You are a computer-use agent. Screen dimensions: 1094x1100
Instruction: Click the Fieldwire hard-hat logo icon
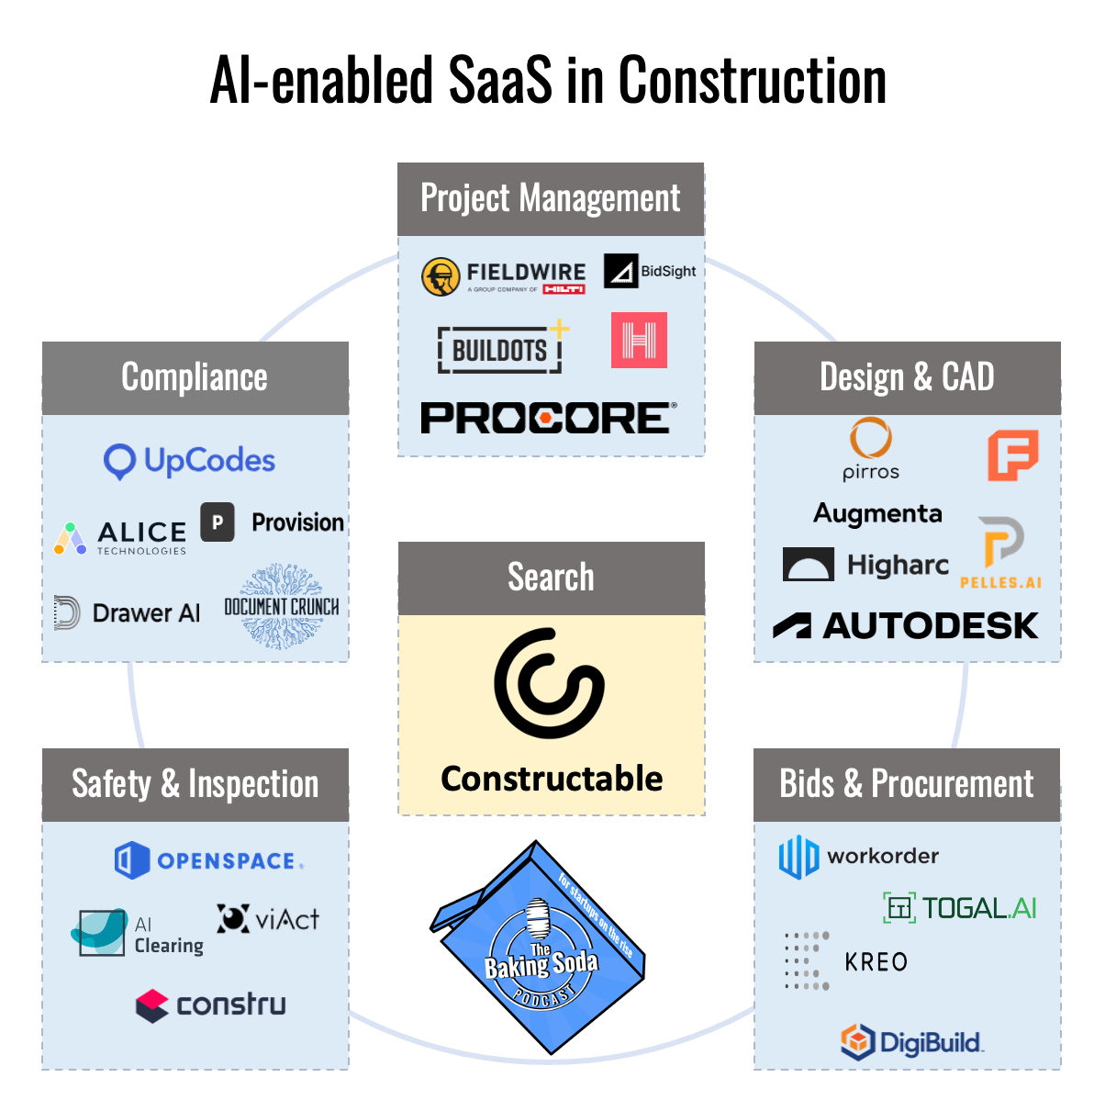tap(441, 276)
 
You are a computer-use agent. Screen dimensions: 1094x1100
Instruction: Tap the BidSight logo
tap(650, 271)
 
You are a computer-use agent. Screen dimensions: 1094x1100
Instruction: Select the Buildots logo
tap(501, 349)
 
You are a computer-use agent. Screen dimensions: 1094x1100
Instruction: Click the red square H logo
tap(639, 341)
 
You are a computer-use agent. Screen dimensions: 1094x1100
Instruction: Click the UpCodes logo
tap(190, 461)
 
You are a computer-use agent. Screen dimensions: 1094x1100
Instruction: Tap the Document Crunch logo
tap(282, 607)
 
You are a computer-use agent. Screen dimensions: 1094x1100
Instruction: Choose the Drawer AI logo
tap(128, 612)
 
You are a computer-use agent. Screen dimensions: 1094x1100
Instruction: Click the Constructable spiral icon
tap(550, 683)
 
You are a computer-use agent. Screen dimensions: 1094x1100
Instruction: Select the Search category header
tap(551, 578)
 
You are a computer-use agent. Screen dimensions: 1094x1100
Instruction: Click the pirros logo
tap(870, 449)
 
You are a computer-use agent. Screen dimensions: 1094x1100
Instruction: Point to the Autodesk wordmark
tap(906, 626)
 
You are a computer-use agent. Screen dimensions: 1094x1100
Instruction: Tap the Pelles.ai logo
tap(1000, 552)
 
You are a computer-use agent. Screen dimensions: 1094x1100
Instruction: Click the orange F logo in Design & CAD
tap(1012, 455)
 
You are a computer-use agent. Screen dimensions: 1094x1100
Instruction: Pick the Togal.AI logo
tap(960, 908)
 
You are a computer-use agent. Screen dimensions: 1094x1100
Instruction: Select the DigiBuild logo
tap(911, 1042)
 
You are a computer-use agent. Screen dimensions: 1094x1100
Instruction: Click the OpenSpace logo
tap(208, 860)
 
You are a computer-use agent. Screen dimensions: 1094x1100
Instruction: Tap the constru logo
tap(210, 1005)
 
